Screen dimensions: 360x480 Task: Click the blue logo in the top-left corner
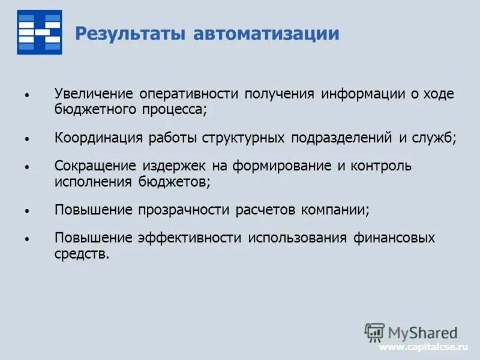tap(39, 32)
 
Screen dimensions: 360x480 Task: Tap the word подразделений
tap(341, 138)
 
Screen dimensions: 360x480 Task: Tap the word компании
tap(339, 209)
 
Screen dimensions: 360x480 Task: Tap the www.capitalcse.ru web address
tap(423, 347)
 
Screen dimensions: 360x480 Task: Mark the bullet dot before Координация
tap(27, 139)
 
